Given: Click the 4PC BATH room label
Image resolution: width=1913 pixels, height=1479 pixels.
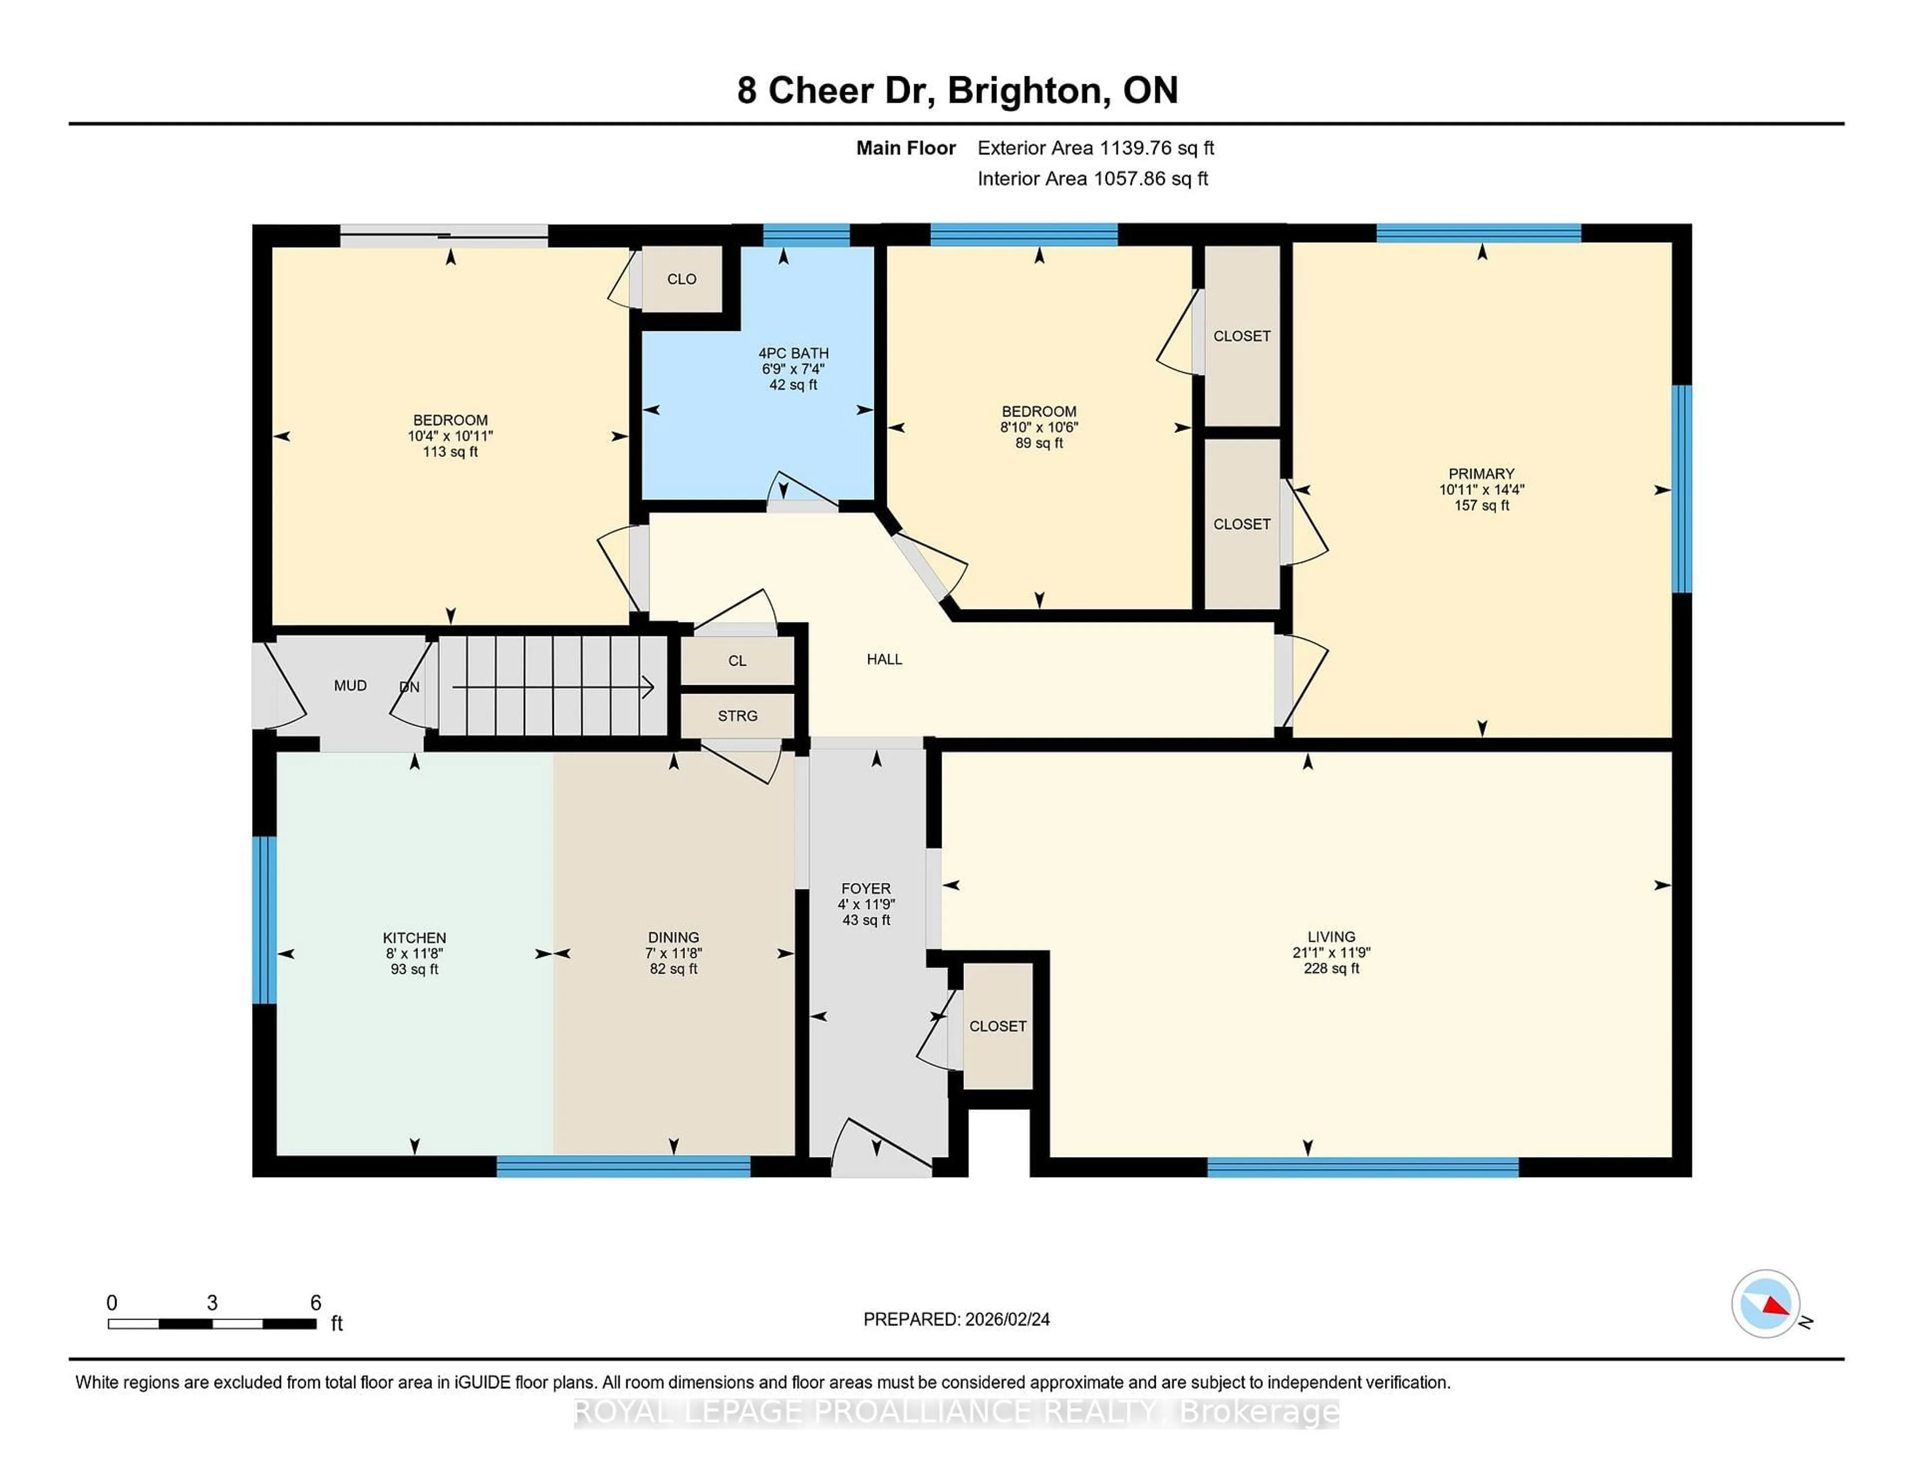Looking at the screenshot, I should [x=793, y=353].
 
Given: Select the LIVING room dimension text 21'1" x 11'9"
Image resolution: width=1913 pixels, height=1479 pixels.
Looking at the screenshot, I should [x=1331, y=952].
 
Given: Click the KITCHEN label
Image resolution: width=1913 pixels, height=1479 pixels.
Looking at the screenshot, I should [x=414, y=937].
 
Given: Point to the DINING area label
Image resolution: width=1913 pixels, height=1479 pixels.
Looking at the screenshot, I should [x=674, y=937].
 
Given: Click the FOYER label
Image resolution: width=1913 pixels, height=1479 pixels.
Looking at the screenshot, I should [x=865, y=888].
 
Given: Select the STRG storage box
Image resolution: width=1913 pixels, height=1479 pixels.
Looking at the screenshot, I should [x=737, y=716].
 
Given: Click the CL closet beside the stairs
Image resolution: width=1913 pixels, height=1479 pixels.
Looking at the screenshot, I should [x=737, y=661].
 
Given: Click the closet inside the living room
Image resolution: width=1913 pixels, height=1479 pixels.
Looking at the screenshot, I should [x=998, y=1026].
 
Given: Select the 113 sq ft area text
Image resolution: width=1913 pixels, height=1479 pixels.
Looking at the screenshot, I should [x=450, y=452].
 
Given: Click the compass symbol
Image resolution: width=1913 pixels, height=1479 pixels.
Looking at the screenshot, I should [x=1765, y=1304].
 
